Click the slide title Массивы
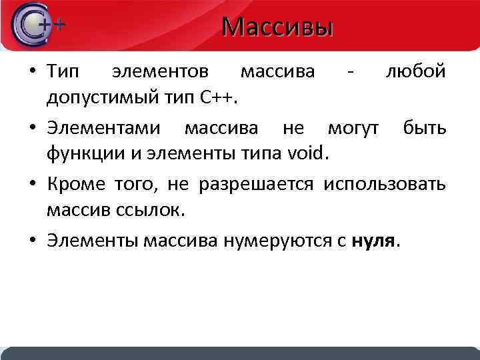coord(277,27)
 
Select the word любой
coord(415,71)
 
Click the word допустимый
coord(97,98)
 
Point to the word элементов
coord(160,71)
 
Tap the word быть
coord(424,127)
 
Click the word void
coord(305,155)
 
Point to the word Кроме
coord(70,183)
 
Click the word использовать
coord(385,183)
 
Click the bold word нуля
coord(373,240)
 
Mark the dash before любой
coord(350,71)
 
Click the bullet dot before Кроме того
coord(32,184)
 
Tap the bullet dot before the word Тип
coord(32,71)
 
